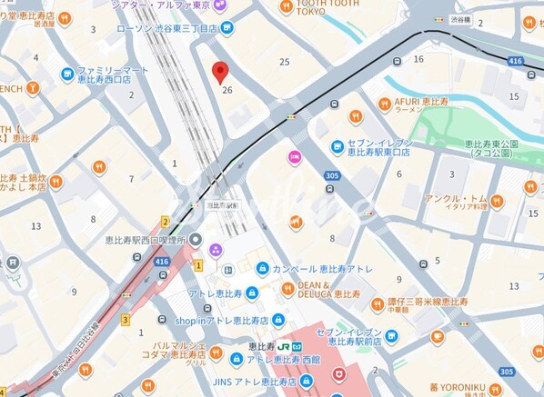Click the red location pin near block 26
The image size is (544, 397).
coord(220,73)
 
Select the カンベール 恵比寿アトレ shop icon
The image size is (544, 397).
coord(262,269)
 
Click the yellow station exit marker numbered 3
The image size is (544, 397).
coord(126,319)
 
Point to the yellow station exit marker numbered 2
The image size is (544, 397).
coord(166,221)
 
